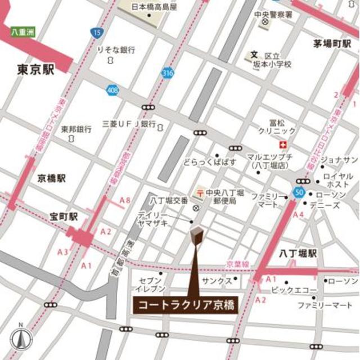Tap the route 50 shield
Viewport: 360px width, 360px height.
(297, 193)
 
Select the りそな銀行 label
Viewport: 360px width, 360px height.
(116, 51)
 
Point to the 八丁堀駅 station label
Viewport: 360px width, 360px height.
(298, 254)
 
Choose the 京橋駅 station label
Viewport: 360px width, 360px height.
(52, 178)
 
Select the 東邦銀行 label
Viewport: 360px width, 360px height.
(76, 129)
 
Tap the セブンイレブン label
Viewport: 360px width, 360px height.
(150, 285)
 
